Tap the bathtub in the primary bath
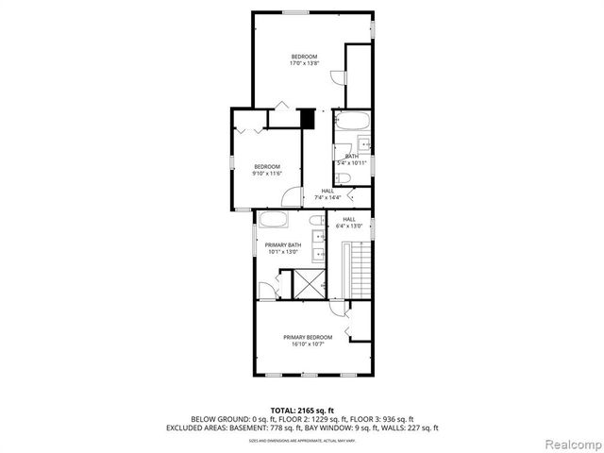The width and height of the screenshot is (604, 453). [274, 221]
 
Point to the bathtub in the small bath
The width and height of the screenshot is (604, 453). [353, 121]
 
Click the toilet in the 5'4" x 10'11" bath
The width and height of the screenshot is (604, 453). [344, 177]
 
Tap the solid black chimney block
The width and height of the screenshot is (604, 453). [306, 120]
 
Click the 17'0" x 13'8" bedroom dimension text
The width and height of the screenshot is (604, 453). [304, 63]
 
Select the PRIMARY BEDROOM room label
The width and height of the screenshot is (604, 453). [308, 337]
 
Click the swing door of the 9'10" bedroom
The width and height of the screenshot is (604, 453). [293, 196]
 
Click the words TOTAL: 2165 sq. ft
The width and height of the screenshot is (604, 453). [302, 410]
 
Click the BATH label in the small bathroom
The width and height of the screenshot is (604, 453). [351, 157]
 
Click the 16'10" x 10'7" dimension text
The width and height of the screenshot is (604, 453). [308, 344]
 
